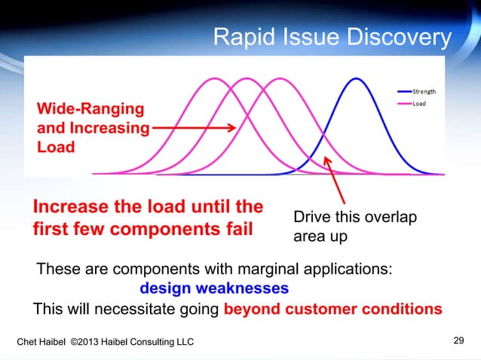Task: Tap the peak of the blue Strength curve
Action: (x=354, y=78)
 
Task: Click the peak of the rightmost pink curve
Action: (x=280, y=78)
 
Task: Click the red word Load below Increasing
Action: (x=56, y=146)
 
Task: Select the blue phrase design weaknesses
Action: (x=213, y=288)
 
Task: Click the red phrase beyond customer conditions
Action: (x=333, y=309)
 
